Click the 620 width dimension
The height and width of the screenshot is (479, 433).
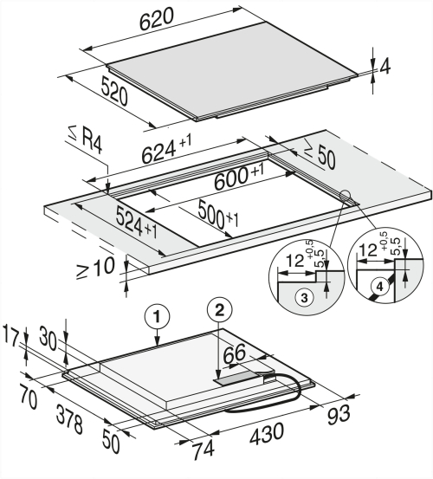[158, 19]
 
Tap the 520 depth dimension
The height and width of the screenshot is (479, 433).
[113, 91]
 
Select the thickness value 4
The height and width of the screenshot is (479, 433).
[385, 67]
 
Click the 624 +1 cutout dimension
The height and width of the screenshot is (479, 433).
[167, 148]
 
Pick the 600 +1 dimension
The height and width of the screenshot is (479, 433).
[239, 178]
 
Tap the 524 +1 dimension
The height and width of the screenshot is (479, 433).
[137, 222]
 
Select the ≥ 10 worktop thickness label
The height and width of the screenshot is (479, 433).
[95, 268]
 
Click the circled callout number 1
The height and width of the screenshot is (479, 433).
[157, 317]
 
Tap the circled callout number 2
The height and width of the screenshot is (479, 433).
[220, 311]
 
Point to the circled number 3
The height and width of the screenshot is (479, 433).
[304, 297]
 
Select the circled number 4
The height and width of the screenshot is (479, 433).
[379, 287]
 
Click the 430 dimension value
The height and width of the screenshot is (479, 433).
[267, 433]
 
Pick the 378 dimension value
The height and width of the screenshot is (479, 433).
[69, 418]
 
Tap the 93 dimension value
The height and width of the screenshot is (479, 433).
[339, 415]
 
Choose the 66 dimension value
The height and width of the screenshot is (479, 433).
[235, 353]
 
